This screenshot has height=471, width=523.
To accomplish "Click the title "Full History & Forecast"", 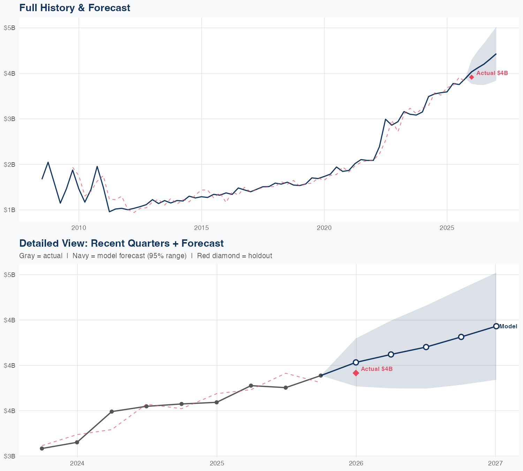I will coord(75,8).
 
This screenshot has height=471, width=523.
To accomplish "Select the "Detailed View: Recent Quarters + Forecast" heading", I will coord(121,243).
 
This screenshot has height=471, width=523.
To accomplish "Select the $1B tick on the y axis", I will coord(9,210).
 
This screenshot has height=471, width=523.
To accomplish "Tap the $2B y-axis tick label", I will coord(9,164).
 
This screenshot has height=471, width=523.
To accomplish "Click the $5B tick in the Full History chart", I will coord(9,28).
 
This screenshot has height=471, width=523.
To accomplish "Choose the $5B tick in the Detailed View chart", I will coord(9,275).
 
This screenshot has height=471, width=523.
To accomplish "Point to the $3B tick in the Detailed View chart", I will coord(9,456).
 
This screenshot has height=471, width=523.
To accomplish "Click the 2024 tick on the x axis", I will coord(77,463).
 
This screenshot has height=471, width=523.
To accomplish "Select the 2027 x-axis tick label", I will coord(495,463).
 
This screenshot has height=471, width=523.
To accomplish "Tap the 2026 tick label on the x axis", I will coord(356,463).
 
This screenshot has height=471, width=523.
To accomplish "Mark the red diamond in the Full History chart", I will coord(471,77).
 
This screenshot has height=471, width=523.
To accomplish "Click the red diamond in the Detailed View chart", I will coord(356,373).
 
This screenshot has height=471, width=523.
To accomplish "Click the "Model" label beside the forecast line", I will coord(508,327).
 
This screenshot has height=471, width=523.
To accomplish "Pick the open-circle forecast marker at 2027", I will coord(496,326).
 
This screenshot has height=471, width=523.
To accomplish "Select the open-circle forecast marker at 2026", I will coord(356,362).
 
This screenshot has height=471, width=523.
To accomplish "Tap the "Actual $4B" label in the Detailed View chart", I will coord(377,369).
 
